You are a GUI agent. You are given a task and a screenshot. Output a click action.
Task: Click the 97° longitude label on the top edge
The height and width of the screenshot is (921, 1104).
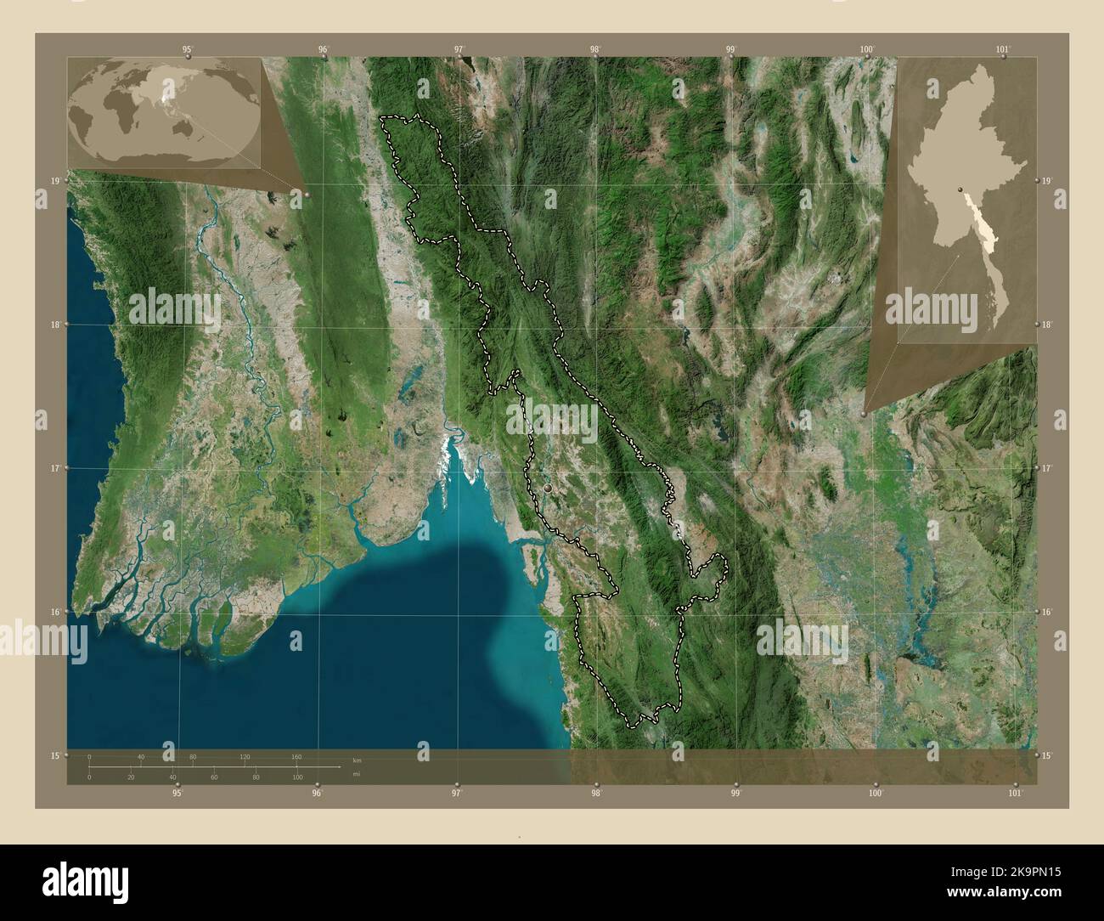coord(459,49)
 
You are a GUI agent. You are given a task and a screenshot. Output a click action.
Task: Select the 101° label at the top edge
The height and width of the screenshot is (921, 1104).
coord(1003,49)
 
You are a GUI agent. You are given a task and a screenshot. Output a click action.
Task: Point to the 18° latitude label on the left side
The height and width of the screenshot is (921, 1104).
coord(54,325)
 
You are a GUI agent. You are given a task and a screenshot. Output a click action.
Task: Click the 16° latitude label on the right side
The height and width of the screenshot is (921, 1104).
coord(1048,612)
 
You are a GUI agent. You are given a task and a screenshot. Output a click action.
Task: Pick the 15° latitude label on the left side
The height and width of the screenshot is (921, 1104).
coord(54,755)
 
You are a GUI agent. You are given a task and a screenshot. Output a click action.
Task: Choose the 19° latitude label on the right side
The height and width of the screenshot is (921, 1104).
coord(1048,181)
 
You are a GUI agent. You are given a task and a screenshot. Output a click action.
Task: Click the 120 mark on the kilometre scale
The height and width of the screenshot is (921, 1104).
coord(245,756)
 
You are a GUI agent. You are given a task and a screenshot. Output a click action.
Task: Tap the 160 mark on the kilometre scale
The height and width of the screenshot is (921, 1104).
coord(296,756)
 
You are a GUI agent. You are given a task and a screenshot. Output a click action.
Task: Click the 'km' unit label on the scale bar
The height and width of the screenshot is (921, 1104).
coord(357,760)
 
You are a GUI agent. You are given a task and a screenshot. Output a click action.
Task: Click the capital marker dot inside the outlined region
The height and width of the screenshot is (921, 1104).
coord(548,489)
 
